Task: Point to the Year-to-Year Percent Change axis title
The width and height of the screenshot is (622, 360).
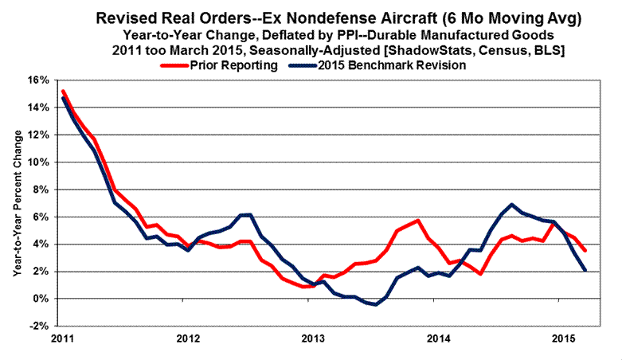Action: point(17,203)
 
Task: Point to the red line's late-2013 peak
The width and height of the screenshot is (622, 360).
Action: point(417,221)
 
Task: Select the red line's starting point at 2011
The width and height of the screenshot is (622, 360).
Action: point(62,91)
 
